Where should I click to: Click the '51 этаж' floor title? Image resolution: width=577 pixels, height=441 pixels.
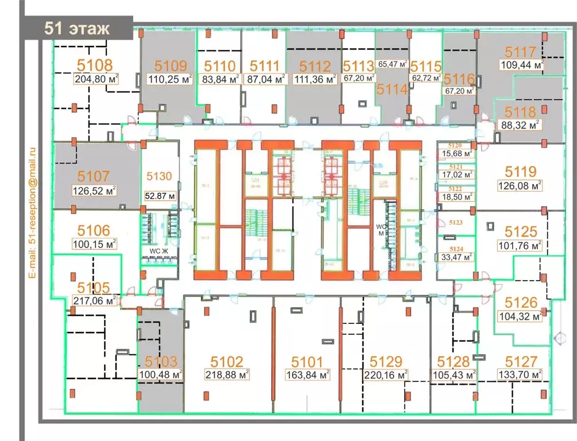pyautogui.click(x=76, y=29)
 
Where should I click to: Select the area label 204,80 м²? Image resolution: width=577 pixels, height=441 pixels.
pyautogui.click(x=96, y=80)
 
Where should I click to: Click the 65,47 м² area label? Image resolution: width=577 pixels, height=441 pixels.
pyautogui.click(x=393, y=64)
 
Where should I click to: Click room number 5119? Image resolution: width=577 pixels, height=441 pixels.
pyautogui.click(x=520, y=171)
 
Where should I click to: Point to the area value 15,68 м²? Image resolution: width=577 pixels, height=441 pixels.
pyautogui.click(x=457, y=153)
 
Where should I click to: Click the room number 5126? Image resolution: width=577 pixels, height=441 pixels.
pyautogui.click(x=521, y=302)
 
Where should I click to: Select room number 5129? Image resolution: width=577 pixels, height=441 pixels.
pyautogui.click(x=385, y=362)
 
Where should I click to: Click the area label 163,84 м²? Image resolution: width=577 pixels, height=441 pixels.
pyautogui.click(x=307, y=375)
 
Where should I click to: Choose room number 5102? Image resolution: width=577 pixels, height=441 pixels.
pyautogui.click(x=227, y=362)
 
